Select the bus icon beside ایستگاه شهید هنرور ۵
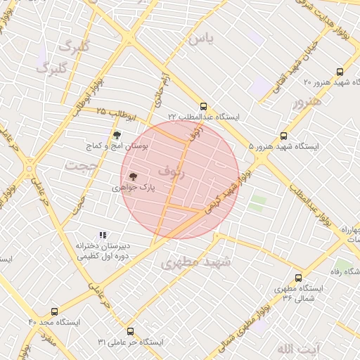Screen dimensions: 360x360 pos(284,136)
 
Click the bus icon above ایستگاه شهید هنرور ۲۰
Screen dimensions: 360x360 pos(340,72)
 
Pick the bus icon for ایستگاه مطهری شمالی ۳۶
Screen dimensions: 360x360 pos(298,278)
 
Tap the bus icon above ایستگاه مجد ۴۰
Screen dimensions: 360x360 pos(55,310)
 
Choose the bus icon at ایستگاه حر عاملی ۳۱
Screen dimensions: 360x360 pos(129,331)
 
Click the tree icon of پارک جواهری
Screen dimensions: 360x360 pos(134,178)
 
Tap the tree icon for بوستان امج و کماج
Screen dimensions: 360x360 pos(117,134)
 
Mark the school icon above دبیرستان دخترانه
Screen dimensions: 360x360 pos(103,236)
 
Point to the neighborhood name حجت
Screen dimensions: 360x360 pos(79,166)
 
